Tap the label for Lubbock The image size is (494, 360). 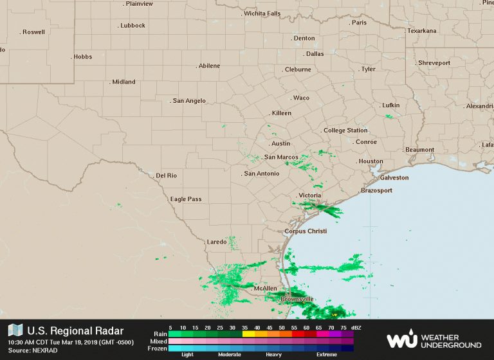133,26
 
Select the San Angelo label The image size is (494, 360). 189,101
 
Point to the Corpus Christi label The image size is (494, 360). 306,231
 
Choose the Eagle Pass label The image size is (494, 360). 186,199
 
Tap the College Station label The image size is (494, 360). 345,130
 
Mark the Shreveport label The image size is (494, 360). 434,63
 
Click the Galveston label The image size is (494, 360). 394,177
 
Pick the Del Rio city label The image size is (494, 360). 167,175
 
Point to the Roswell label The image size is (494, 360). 33,32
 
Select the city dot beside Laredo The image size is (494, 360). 229,242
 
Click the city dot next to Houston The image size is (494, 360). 356,161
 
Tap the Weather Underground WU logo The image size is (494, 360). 402,339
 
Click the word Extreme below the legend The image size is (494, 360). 327,355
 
